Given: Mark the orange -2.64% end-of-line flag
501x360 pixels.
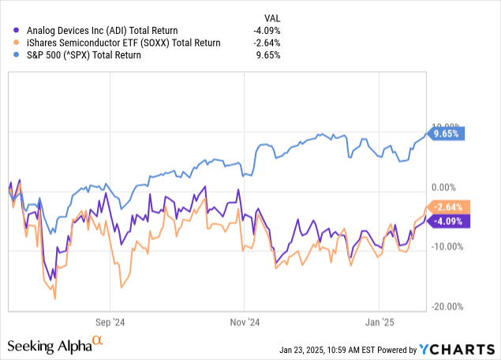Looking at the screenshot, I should pos(448,208).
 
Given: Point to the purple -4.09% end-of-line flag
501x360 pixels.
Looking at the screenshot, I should pos(448,221).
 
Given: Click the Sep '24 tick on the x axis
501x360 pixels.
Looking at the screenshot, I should pos(111,322).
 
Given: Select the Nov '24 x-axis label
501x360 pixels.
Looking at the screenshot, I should pos(245,322).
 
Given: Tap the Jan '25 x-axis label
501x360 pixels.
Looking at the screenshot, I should pos(379,322).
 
